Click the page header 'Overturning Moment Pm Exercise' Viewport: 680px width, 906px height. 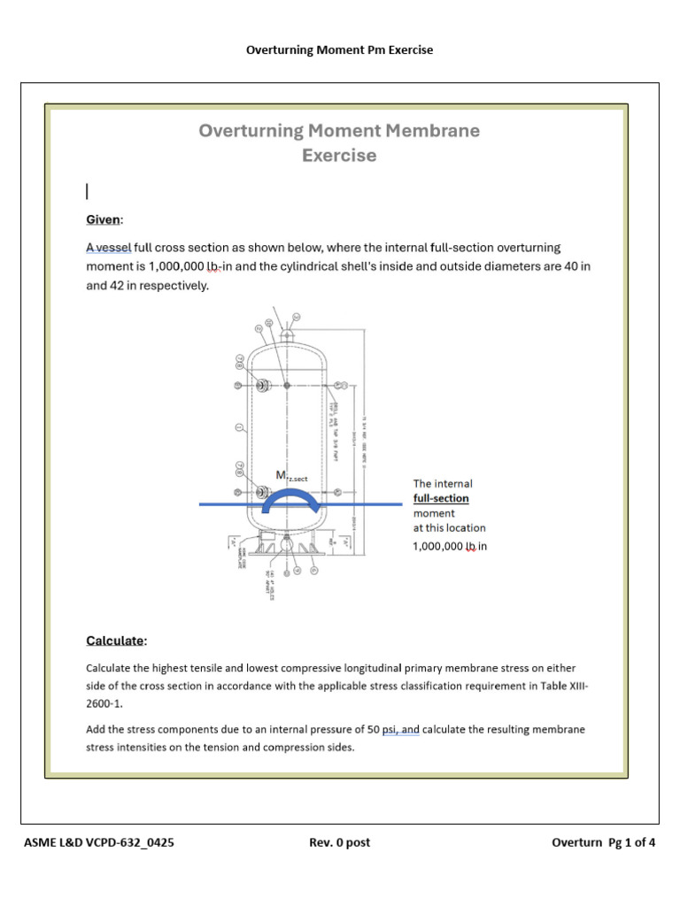[x=339, y=50]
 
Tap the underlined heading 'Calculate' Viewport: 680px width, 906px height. [x=115, y=640]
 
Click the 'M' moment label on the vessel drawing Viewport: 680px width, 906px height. [x=281, y=476]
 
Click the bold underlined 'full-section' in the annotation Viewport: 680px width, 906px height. [x=441, y=498]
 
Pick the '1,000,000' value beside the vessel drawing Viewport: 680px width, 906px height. [x=437, y=546]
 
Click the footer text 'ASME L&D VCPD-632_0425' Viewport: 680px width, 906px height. [x=98, y=842]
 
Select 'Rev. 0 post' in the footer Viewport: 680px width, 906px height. [x=339, y=842]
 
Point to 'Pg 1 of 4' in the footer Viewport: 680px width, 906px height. [x=630, y=842]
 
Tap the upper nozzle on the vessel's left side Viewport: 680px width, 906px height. [x=262, y=386]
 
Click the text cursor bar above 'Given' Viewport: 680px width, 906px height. [x=88, y=191]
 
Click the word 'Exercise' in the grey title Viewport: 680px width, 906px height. [x=339, y=156]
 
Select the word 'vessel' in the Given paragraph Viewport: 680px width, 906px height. [x=113, y=248]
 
